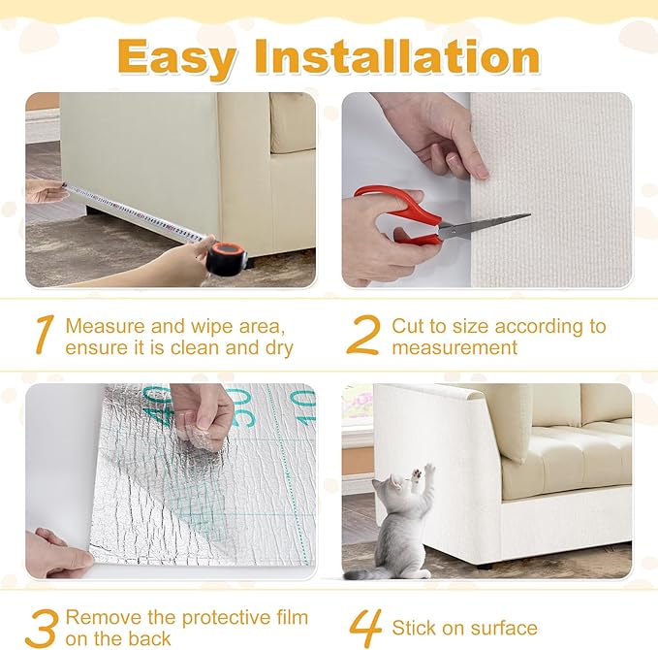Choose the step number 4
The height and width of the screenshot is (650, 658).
tap(364, 627)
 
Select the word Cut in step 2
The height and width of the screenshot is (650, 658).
tap(408, 326)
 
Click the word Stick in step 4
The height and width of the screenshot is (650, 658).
tap(416, 628)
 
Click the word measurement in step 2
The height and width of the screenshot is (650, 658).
tap(454, 347)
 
